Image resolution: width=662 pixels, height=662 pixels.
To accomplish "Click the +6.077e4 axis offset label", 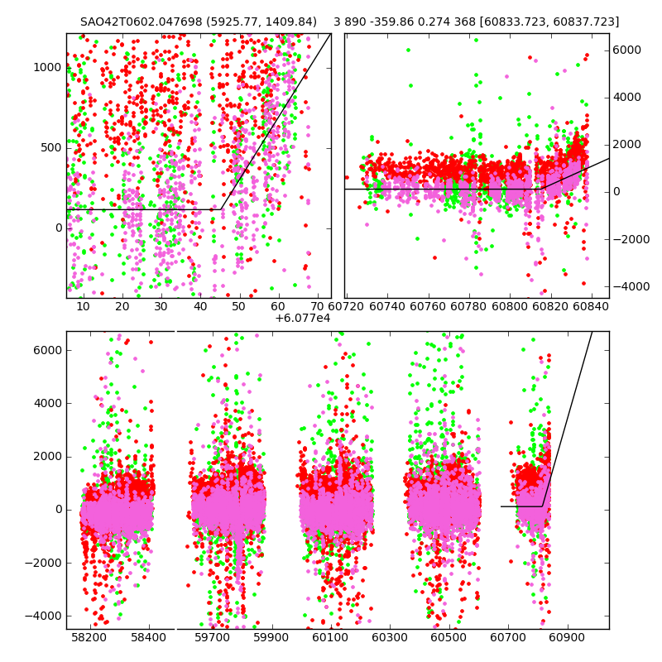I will (x=303, y=318).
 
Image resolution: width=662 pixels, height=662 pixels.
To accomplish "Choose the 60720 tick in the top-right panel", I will (x=346, y=306).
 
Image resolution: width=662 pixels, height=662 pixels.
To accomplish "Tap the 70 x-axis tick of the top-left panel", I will (x=317, y=306).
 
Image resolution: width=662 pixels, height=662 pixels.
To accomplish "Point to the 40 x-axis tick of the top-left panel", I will (x=200, y=306).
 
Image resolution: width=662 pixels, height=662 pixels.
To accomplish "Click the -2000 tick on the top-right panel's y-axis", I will (x=626, y=239).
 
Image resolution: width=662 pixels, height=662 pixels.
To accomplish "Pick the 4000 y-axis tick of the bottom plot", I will (x=48, y=403).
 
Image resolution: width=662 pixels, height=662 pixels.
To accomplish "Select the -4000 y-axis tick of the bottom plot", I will (x=46, y=616).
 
